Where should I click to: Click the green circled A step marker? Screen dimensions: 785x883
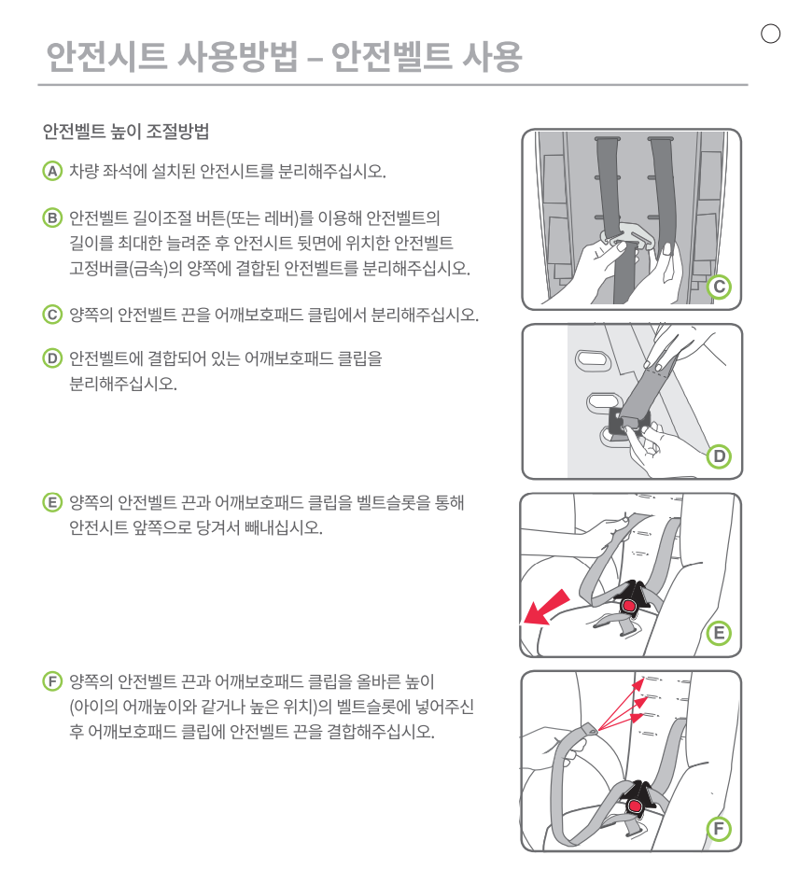pyautogui.click(x=52, y=171)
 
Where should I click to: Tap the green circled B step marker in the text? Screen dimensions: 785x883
pyautogui.click(x=52, y=217)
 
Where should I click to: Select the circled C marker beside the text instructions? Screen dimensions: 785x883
pyautogui.click(x=52, y=315)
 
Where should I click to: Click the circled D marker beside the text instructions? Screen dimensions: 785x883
pyautogui.click(x=52, y=358)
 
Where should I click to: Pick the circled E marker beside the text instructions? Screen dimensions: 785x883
pyautogui.click(x=52, y=502)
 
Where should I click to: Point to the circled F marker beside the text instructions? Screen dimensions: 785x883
pyautogui.click(x=52, y=681)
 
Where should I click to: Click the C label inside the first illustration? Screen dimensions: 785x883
pyautogui.click(x=719, y=287)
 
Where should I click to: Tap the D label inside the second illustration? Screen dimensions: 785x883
pyautogui.click(x=719, y=456)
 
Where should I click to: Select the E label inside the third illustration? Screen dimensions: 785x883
pyautogui.click(x=719, y=633)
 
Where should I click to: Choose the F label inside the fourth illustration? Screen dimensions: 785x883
pyautogui.click(x=719, y=828)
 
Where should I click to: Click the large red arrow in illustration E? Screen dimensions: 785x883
pyautogui.click(x=546, y=607)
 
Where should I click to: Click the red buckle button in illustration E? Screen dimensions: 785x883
pyautogui.click(x=628, y=606)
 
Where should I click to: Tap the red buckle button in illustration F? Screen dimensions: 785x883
pyautogui.click(x=636, y=806)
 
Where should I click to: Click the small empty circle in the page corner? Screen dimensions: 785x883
pyautogui.click(x=770, y=34)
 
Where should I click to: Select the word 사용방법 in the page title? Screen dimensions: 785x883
pyautogui.click(x=237, y=56)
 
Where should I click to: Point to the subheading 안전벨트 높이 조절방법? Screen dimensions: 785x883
pyautogui.click(x=126, y=132)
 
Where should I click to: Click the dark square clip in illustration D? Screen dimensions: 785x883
pyautogui.click(x=628, y=421)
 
